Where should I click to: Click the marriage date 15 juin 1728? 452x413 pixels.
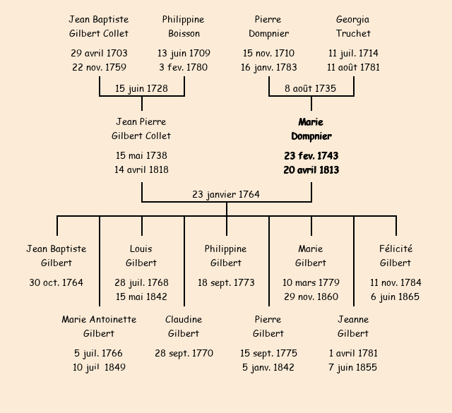[x=142, y=88]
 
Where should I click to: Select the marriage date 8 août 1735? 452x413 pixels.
[x=311, y=88]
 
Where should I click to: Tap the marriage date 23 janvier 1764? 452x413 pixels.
[x=226, y=194]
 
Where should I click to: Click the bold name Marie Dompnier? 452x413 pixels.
[x=311, y=129]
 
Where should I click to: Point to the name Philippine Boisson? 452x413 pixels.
[x=184, y=26]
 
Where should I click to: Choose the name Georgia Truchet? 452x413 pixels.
[x=353, y=26]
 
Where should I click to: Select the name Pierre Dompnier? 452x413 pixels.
[x=268, y=26]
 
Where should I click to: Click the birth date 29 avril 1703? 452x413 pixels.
[x=99, y=53]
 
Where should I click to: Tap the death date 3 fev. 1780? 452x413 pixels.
[x=184, y=68]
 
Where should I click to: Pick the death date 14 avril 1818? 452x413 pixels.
[x=141, y=169]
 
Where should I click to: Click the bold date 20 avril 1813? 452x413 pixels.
[x=311, y=169]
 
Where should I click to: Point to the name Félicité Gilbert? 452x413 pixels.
[x=395, y=256]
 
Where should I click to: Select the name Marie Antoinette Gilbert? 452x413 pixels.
[x=99, y=326]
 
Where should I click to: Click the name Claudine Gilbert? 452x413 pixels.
[x=184, y=326]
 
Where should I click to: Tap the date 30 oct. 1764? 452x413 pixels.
[x=56, y=282]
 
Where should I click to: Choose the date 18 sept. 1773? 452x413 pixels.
[x=226, y=282]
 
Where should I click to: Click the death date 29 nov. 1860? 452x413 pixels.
[x=311, y=297]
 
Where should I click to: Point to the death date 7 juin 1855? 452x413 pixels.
[x=353, y=367]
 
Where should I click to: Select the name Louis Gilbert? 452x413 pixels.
[x=141, y=256]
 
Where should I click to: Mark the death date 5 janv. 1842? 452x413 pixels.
[x=268, y=367]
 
